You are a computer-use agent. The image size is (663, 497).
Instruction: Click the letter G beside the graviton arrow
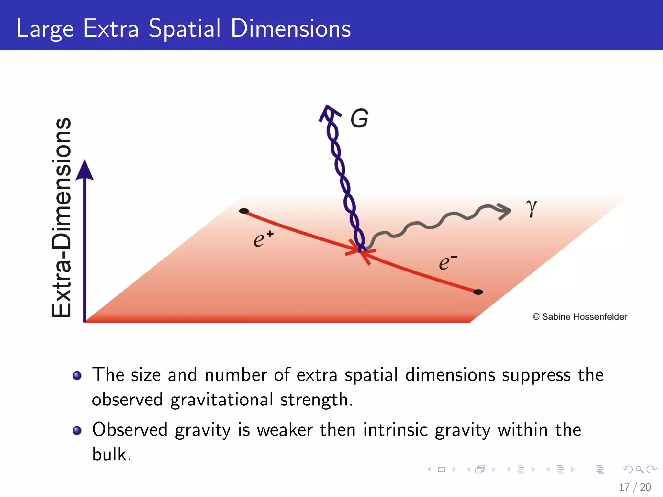359,118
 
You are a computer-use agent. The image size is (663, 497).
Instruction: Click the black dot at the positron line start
243,211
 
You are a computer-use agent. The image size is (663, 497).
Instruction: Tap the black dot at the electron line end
478,292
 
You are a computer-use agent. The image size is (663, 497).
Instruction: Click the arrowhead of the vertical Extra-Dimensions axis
84,170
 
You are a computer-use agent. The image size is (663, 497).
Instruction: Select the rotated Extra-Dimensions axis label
62,217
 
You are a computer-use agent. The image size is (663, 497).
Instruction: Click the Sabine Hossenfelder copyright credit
579,317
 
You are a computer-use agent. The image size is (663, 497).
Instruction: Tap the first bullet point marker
77,376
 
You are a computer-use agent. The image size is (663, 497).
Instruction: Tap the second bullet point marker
77,431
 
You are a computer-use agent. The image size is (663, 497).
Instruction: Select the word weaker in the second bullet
285,430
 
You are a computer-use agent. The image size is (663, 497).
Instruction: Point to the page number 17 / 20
635,487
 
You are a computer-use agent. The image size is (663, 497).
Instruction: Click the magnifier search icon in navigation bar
639,469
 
